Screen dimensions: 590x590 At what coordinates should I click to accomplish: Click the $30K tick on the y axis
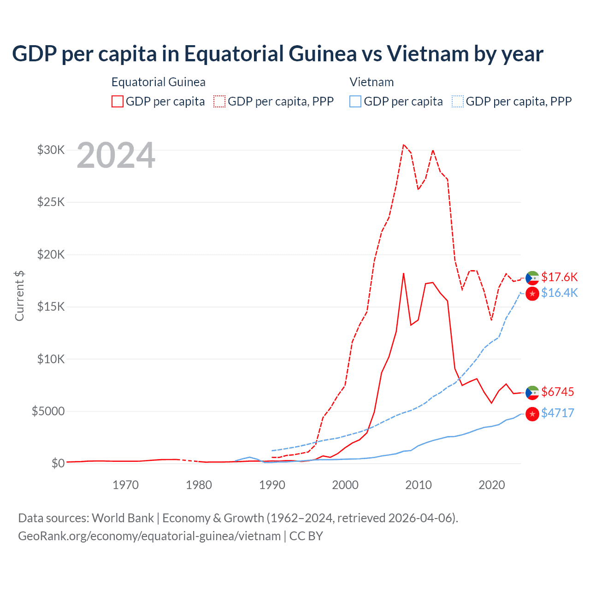tap(51, 150)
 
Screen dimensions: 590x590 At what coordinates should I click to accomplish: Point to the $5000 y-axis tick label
tap(48, 411)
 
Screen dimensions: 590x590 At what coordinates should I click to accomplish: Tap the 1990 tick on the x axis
tap(272, 485)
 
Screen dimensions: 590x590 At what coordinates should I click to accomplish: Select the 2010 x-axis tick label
tap(419, 485)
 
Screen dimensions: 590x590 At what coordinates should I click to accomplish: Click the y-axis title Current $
tap(19, 295)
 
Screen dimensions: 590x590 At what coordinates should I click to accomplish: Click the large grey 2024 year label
tap(116, 156)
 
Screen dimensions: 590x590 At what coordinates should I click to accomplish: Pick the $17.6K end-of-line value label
tap(559, 277)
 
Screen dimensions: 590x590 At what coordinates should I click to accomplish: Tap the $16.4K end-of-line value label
tap(559, 293)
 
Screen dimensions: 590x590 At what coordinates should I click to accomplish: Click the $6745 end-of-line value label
tap(557, 392)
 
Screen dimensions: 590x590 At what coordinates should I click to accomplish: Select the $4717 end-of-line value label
tap(557, 413)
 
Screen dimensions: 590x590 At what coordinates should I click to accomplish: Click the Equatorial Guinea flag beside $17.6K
tap(532, 278)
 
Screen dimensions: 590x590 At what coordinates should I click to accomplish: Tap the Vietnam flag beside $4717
tap(532, 414)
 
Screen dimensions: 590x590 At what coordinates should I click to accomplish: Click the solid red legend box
tap(118, 101)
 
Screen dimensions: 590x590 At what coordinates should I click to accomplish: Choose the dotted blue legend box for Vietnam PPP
tap(458, 101)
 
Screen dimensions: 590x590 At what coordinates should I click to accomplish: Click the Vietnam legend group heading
tap(372, 82)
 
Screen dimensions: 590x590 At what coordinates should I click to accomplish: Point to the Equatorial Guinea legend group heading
tap(158, 82)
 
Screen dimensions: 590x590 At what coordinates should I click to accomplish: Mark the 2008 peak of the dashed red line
tap(403, 145)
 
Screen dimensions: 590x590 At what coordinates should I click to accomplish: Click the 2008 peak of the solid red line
tap(403, 273)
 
